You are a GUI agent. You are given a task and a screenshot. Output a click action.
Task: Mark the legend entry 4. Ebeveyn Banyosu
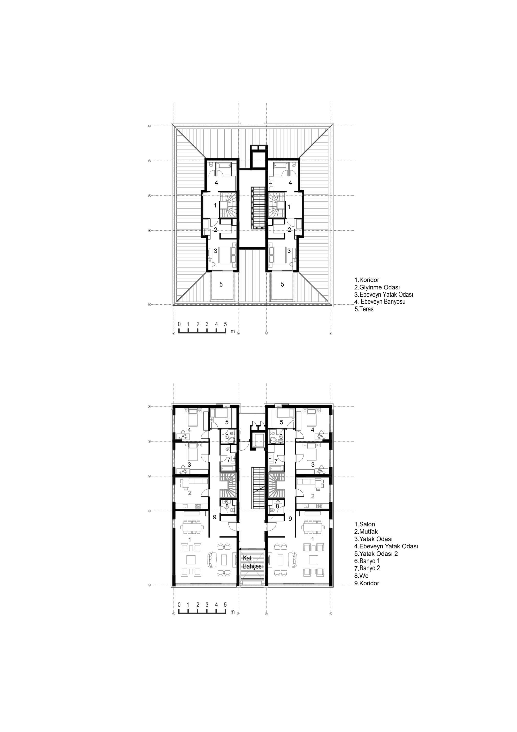[380, 302]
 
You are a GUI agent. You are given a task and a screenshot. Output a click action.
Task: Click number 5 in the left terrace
[221, 284]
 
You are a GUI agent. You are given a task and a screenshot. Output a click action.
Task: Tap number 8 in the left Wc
[227, 506]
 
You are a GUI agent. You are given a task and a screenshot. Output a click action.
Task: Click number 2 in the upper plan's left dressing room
[216, 229]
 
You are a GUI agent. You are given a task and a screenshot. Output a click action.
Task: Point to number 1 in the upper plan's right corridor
[289, 207]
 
